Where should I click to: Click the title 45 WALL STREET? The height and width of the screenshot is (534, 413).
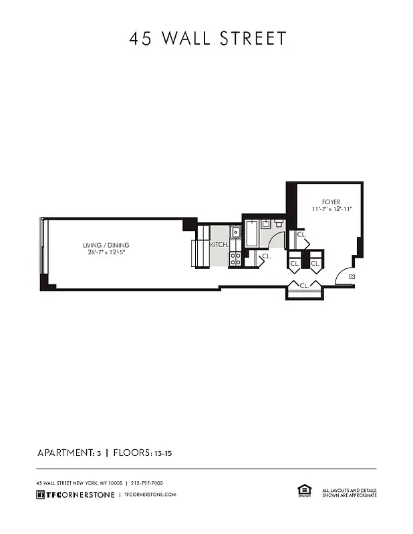coord(207,39)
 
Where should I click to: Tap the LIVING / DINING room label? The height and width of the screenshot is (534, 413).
coord(106,245)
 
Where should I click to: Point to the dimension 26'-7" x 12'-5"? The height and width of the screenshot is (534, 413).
coord(106,252)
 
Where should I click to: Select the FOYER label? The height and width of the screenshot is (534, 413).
coord(331,202)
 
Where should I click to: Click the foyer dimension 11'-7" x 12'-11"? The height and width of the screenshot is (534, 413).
coord(331,210)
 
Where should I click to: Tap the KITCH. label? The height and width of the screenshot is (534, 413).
coord(220,245)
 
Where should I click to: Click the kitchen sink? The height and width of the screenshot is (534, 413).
coord(235,233)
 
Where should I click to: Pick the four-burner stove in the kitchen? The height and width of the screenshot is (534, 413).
coord(235,259)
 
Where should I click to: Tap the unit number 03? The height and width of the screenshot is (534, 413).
coord(351,276)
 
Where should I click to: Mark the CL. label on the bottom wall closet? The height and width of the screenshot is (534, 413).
coord(304,286)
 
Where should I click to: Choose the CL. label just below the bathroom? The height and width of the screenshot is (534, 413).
coord(266,256)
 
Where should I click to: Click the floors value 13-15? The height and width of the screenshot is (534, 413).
coord(162,453)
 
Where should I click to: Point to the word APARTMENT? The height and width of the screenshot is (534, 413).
coord(65,453)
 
